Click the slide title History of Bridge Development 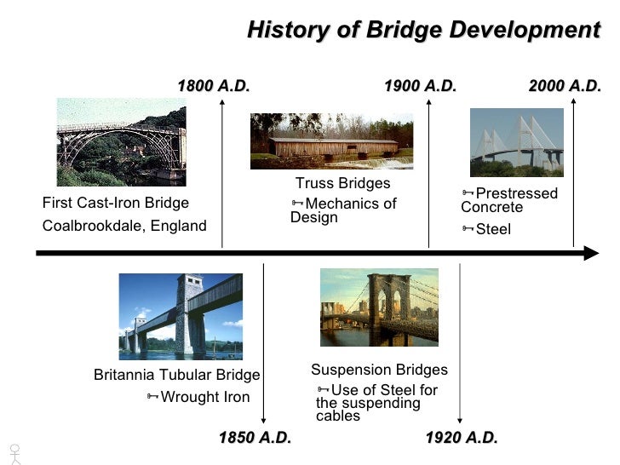pyautogui.click(x=423, y=31)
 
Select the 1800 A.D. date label pyautogui.click(x=213, y=86)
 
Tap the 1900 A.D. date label pyautogui.click(x=420, y=86)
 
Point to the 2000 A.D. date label pyautogui.click(x=565, y=86)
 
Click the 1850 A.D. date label pyautogui.click(x=255, y=438)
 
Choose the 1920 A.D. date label pyautogui.click(x=461, y=438)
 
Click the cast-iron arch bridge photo pyautogui.click(x=121, y=141)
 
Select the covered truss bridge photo pyautogui.click(x=331, y=141)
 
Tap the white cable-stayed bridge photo pyautogui.click(x=516, y=141)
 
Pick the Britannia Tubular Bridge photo pyautogui.click(x=181, y=316)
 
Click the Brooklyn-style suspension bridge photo pyautogui.click(x=379, y=307)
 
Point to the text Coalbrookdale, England pyautogui.click(x=124, y=226)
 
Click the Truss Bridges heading pyautogui.click(x=342, y=184)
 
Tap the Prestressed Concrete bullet pyautogui.click(x=509, y=200)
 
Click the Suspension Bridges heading pyautogui.click(x=379, y=370)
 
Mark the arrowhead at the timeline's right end pyautogui.click(x=590, y=254)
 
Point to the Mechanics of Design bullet pyautogui.click(x=344, y=210)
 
